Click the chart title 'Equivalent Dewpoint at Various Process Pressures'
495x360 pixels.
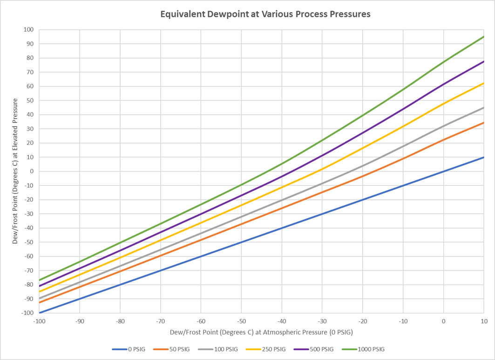click(265, 14)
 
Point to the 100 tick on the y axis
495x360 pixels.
click(28, 30)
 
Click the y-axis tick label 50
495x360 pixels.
click(30, 101)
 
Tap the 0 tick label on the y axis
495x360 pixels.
click(31, 171)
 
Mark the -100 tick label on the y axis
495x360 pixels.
click(27, 313)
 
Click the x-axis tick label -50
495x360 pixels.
click(241, 321)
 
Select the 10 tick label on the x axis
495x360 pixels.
click(484, 321)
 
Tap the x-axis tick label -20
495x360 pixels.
click(362, 321)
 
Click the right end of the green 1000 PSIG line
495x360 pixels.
click(484, 36)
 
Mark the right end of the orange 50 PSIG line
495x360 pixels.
click(484, 122)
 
